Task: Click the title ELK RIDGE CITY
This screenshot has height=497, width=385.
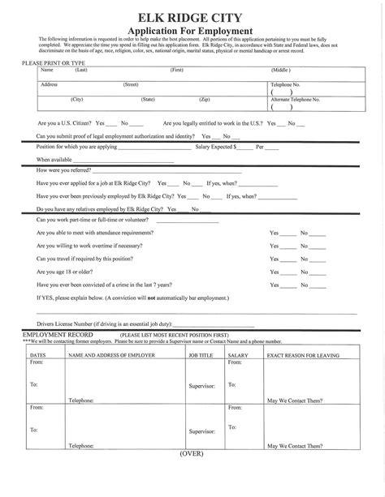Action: (192, 15)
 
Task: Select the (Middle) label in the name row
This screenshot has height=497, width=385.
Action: (280, 71)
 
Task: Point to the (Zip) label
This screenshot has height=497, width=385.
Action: (205, 98)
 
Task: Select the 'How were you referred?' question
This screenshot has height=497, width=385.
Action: (67, 171)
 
